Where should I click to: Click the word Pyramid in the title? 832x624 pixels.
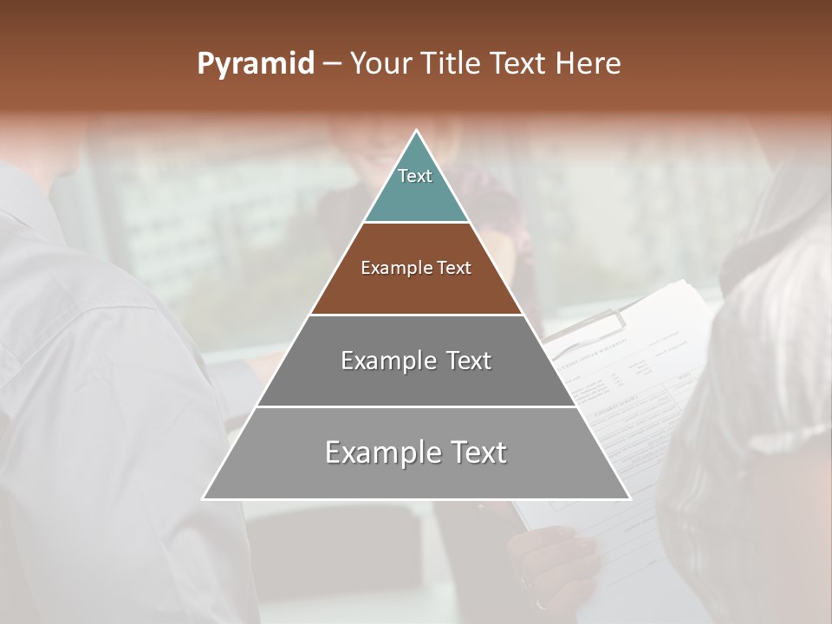256,64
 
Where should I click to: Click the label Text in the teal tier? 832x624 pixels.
415,176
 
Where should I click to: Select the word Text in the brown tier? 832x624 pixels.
454,269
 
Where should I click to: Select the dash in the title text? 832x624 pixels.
332,64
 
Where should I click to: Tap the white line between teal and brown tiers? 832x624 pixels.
416,223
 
